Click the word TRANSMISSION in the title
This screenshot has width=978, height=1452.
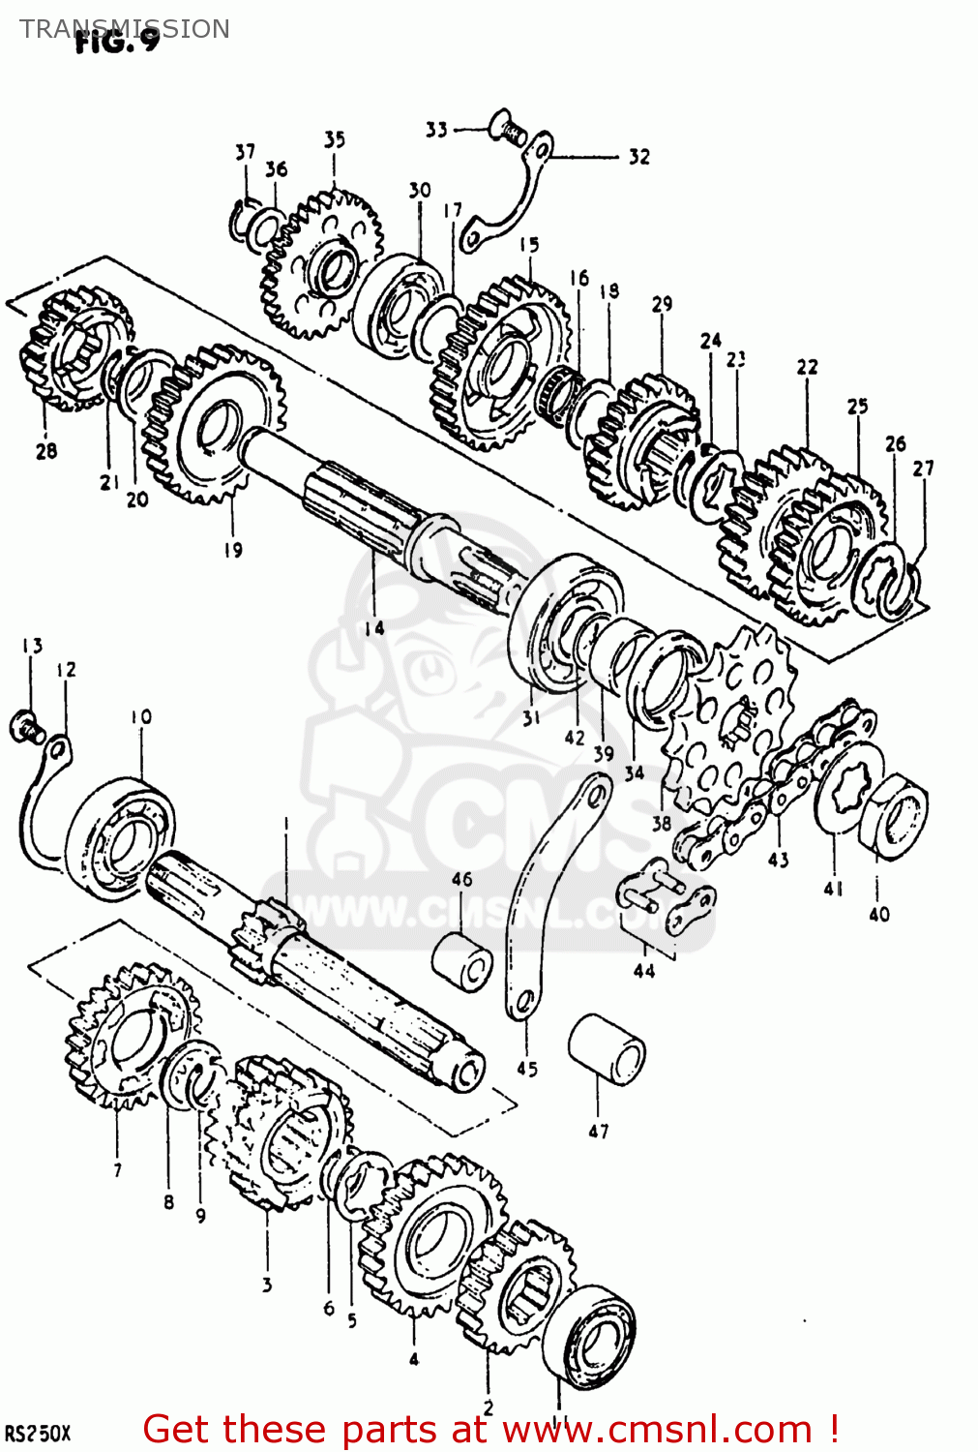click(x=125, y=29)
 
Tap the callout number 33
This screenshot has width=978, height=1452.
click(x=436, y=130)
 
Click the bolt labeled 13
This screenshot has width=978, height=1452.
click(x=24, y=725)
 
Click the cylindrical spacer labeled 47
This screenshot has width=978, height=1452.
click(x=607, y=1050)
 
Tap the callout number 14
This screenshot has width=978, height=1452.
click(x=374, y=628)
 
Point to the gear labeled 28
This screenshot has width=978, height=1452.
click(x=73, y=348)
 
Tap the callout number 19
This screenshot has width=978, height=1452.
click(x=233, y=550)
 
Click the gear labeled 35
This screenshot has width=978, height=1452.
click(x=322, y=264)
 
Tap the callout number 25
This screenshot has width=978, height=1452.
click(x=857, y=407)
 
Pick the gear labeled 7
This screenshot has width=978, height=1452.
click(x=131, y=1036)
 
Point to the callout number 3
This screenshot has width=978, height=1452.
click(x=267, y=1285)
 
